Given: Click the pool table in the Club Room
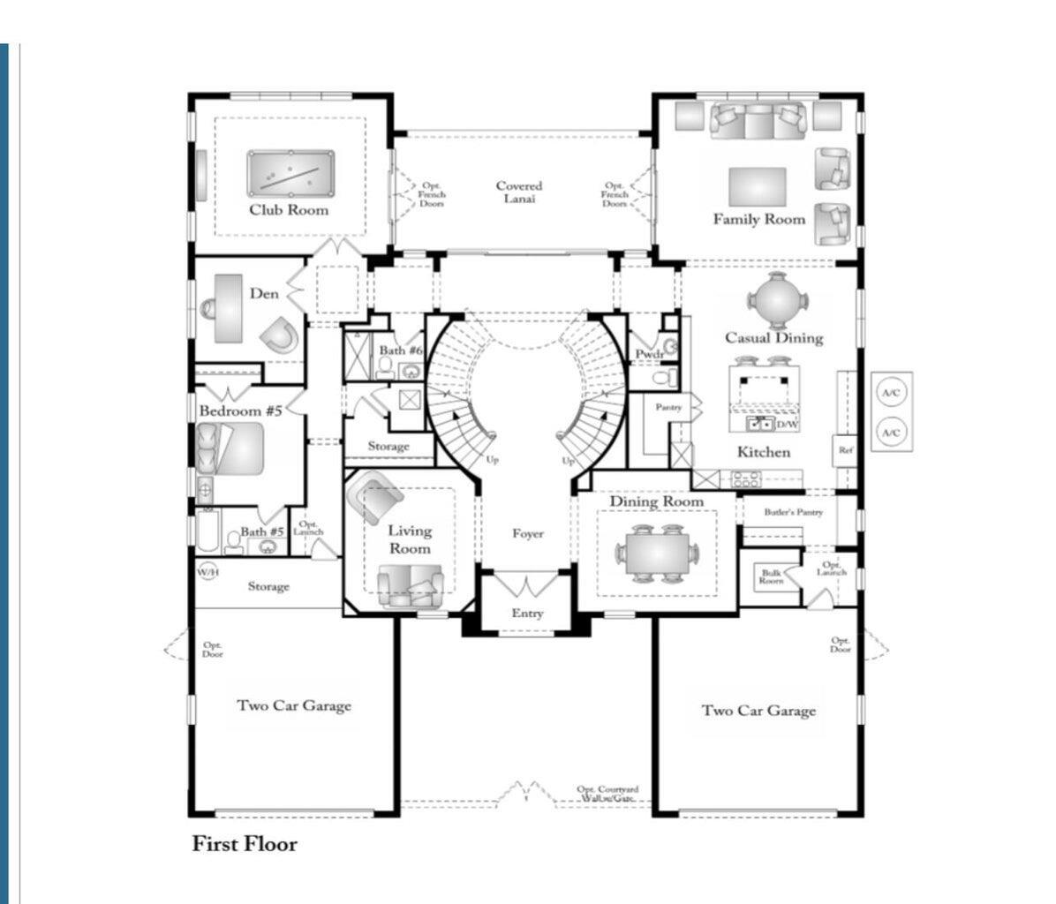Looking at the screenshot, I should coord(290,173).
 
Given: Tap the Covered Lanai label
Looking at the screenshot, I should coord(518,192).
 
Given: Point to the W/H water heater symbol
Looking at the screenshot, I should coord(207,572).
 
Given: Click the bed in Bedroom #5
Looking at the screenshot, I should coord(230,447).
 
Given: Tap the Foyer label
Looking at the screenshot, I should coord(528,533).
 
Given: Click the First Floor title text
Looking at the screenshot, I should coord(245,844).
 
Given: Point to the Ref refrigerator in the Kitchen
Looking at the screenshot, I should coord(846,450).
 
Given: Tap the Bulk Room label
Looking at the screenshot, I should coord(771,576).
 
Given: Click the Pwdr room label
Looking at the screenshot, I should coord(649,354).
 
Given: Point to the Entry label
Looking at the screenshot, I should coord(527,614).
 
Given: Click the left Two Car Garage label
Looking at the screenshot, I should coord(294,705).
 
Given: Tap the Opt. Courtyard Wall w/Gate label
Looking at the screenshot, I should coord(607,793).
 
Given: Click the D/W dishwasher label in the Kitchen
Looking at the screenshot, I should coord(787,425).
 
